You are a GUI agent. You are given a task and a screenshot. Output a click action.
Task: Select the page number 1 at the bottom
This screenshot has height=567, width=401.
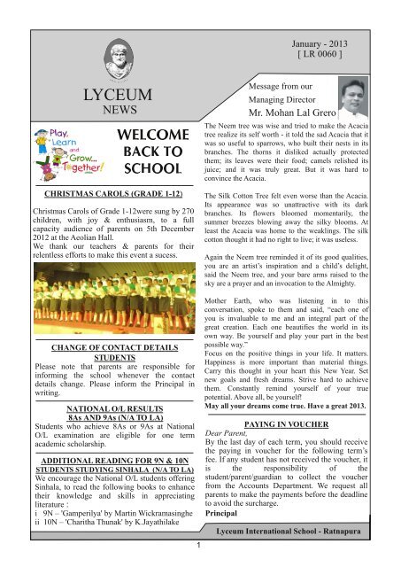(x=201, y=560)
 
